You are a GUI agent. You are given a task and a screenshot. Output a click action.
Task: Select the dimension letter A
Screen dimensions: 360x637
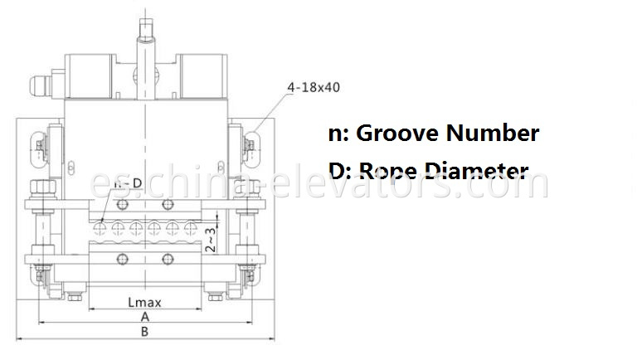click(x=144, y=317)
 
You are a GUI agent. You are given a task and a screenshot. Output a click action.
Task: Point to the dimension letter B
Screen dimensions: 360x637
click(x=144, y=332)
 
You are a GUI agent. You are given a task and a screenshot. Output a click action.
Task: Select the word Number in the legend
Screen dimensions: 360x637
click(x=493, y=133)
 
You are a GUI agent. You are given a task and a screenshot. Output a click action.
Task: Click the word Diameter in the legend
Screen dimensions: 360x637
click(x=472, y=171)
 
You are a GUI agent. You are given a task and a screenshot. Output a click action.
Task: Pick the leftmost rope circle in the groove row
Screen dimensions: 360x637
click(x=100, y=225)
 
